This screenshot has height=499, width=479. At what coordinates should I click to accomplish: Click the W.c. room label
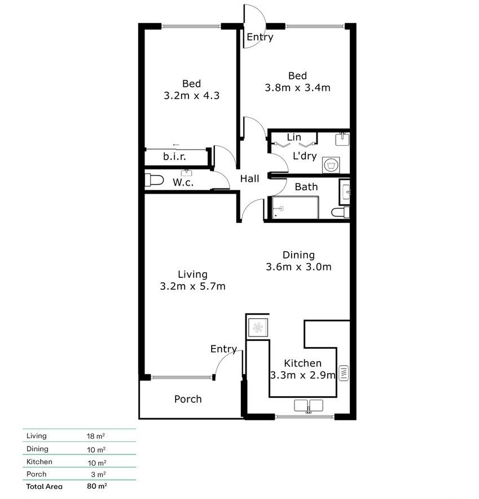tap(184, 182)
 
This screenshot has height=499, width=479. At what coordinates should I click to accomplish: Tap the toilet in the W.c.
tap(153, 181)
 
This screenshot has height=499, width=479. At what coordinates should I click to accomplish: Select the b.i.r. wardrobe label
tap(174, 156)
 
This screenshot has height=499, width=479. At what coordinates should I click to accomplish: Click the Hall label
tap(250, 178)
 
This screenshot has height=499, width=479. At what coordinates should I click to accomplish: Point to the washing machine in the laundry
tap(331, 165)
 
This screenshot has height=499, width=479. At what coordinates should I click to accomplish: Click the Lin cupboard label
tap(294, 137)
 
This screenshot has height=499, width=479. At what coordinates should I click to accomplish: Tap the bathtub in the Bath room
tap(293, 208)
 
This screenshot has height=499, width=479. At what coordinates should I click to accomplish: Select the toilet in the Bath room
tap(340, 212)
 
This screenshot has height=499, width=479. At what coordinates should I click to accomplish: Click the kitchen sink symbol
tap(308, 405)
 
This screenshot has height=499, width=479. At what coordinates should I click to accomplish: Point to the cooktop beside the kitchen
tap(257, 327)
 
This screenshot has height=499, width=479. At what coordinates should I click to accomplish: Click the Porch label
tap(188, 399)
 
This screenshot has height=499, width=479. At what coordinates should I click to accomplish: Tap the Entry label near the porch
tap(223, 349)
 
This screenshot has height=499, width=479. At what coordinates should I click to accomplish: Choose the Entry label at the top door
tap(260, 37)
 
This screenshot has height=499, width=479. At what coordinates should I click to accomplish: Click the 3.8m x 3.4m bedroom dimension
tap(297, 87)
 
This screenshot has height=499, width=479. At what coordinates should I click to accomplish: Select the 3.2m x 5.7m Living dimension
tap(193, 286)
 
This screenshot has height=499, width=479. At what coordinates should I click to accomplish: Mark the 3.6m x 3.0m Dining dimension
tap(298, 267)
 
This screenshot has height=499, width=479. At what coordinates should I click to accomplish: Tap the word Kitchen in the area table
tap(39, 462)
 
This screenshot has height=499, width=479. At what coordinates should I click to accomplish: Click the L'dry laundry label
tap(304, 156)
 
